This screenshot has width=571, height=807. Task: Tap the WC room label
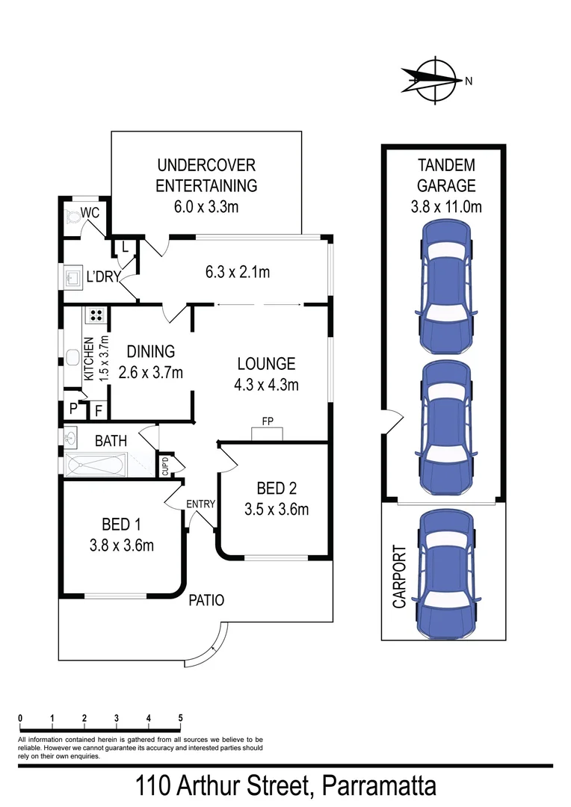point(90,213)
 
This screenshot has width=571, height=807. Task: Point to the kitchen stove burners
point(96,315)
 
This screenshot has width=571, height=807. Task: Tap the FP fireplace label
point(267,421)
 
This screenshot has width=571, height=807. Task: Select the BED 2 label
point(276,489)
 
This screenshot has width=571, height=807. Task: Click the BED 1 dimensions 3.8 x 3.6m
point(121,545)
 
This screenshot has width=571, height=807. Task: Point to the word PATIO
point(207,599)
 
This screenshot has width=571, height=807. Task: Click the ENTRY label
point(200,504)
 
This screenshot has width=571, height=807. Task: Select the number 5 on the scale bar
point(180,718)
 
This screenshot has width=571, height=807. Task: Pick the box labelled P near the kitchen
point(73,409)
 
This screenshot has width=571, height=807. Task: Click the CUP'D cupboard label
point(165,465)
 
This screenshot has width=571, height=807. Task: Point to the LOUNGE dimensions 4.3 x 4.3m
point(267,386)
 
